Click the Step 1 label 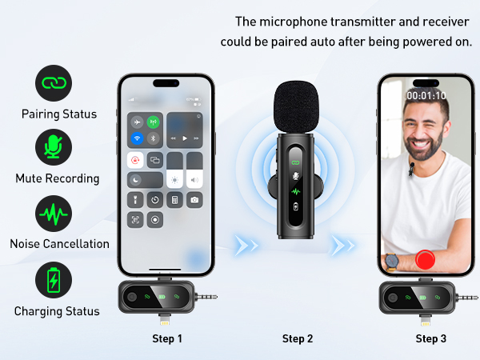coord(167,339)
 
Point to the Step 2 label coord(298,339)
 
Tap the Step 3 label coord(430,339)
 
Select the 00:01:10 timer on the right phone coord(426,94)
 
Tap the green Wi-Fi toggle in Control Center coord(153,122)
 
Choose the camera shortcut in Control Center coord(194,199)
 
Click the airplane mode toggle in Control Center coord(136,122)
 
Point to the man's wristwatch coord(390,261)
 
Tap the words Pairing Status coord(58,114)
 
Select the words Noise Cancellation coord(58,244)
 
